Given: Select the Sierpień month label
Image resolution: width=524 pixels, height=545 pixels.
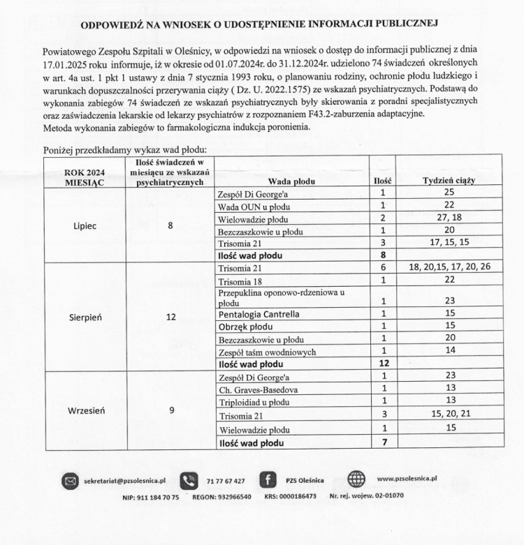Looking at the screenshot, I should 85,316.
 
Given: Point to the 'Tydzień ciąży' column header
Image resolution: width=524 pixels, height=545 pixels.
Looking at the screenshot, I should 449,181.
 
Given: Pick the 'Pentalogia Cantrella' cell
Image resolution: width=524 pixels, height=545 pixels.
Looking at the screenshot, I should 259,314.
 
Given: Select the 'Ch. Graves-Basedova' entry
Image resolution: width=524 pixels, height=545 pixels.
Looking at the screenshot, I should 258,388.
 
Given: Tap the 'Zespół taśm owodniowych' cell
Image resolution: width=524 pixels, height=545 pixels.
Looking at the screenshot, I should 268,351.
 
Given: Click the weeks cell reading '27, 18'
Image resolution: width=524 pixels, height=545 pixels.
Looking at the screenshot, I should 449,217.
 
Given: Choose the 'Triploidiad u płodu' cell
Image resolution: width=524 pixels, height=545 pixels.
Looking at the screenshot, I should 254,400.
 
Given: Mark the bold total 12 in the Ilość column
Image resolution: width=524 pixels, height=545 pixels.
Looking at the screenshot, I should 383,364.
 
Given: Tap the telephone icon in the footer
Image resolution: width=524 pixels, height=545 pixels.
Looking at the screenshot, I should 188,481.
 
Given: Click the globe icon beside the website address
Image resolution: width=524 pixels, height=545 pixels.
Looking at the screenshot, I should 356,480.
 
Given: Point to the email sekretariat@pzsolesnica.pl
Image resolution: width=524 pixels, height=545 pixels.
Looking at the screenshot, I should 124,481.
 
